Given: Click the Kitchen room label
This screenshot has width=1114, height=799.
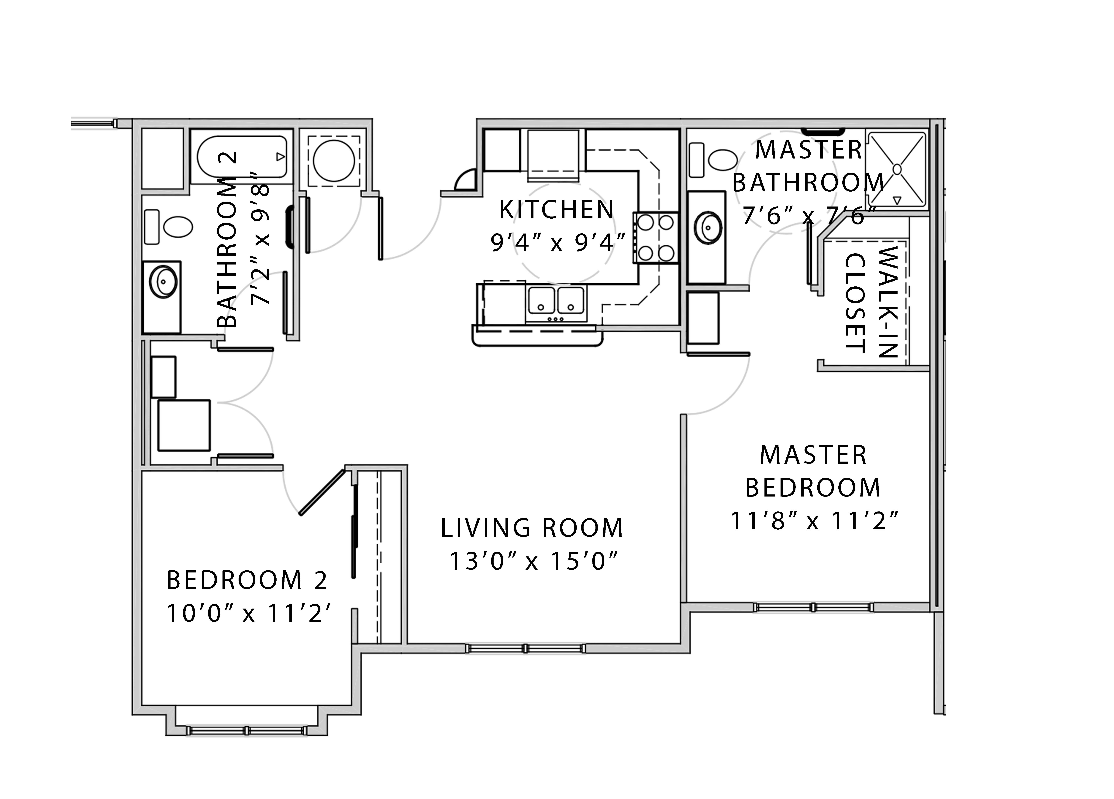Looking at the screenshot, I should click(x=557, y=210).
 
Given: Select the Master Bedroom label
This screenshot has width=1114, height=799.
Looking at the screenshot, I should click(x=813, y=471).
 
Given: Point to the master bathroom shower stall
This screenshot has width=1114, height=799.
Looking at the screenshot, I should click(x=897, y=169).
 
